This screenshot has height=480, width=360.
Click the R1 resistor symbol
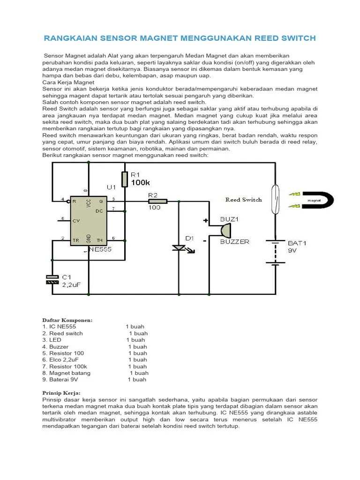(x=125, y=179)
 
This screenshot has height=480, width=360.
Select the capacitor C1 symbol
(x=52, y=279)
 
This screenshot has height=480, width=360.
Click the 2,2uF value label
(x=72, y=284)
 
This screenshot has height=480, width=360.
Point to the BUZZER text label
(x=235, y=242)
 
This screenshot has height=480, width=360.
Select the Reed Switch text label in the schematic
(x=243, y=200)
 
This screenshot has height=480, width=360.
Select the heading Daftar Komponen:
(x=67, y=320)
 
